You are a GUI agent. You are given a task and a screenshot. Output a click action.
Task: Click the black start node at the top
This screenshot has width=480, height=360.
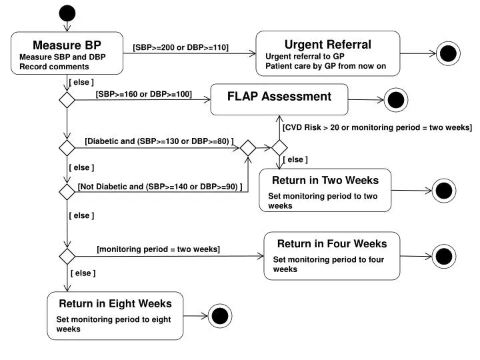(67, 13)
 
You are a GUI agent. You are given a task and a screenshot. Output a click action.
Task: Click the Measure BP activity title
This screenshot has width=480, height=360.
(67, 45)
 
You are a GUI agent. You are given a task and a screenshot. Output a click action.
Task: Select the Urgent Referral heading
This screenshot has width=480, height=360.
(328, 45)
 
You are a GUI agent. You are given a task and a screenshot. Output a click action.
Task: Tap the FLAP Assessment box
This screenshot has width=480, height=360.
(279, 99)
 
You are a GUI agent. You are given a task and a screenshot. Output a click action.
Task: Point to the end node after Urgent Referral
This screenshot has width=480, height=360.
(448, 53)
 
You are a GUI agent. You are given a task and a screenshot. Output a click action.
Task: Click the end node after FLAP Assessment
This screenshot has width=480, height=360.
(396, 100)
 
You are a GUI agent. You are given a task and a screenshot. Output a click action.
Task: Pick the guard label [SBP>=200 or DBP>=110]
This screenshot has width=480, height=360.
(181, 47)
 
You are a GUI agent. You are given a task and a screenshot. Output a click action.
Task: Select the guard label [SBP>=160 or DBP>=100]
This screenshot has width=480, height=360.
(144, 94)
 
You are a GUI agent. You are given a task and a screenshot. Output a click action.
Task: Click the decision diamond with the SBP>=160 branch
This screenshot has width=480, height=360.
(67, 100)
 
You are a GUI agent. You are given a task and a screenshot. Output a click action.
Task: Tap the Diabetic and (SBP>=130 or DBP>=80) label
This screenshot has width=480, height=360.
(159, 141)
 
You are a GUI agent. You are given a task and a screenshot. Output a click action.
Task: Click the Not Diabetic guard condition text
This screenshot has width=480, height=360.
(160, 187)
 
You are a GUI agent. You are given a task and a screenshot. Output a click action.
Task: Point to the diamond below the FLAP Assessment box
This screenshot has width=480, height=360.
(279, 148)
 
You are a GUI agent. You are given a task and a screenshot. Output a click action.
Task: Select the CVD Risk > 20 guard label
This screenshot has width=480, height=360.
(377, 127)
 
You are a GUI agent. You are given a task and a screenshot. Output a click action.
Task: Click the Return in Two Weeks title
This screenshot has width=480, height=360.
(325, 180)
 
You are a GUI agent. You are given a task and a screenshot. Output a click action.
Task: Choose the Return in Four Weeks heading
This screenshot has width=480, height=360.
(332, 244)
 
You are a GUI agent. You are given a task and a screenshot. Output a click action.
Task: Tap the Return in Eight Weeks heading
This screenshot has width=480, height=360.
(115, 304)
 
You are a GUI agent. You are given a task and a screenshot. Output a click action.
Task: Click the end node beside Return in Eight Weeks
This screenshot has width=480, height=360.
(220, 316)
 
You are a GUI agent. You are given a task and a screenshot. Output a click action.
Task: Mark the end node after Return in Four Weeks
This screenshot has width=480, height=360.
(444, 256)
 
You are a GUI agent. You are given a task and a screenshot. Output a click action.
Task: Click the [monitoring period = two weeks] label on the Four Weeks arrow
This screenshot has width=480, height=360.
(158, 249)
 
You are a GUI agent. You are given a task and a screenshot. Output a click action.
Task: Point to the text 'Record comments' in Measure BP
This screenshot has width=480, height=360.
(54, 67)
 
